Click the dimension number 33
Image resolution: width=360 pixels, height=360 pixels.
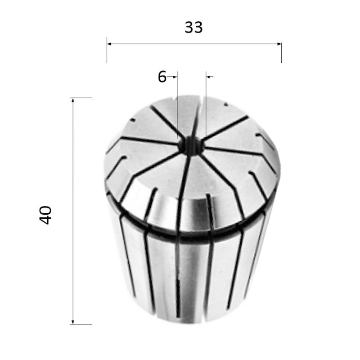click(193, 27)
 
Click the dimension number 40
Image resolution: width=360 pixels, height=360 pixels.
click(45, 215)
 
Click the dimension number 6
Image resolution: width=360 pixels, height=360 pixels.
click(162, 76)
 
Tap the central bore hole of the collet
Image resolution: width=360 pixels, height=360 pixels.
click(190, 146)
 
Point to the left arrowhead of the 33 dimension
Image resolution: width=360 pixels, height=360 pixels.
click(109, 44)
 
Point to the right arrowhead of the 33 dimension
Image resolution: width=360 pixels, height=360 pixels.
click(279, 44)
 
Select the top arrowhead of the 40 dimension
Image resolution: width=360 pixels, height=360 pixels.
click(73, 100)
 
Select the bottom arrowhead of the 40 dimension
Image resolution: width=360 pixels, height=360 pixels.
click(73, 322)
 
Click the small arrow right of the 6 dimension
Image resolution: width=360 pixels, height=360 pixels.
click(210, 76)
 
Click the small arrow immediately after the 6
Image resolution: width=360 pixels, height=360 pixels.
click(172, 76)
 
